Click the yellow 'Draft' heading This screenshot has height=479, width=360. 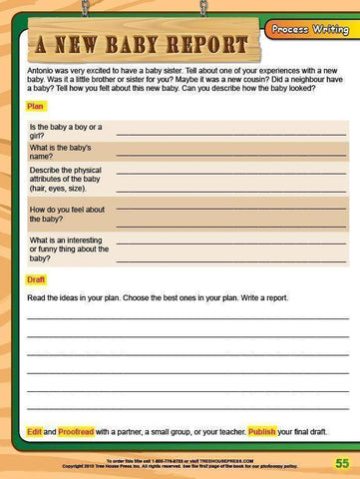36,279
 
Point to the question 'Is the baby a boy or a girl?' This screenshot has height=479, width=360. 65,131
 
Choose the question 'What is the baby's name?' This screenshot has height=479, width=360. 64,152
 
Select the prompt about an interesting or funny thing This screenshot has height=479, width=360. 69,247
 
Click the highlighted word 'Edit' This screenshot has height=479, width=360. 34,431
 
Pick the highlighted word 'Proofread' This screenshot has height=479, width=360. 76,431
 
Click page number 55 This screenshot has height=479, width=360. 341,463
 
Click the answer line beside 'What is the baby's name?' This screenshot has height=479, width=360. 231,155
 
